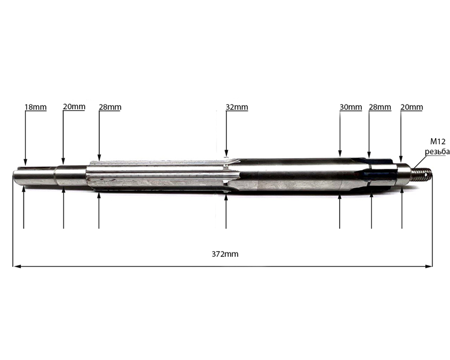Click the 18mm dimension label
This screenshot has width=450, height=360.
[36, 107]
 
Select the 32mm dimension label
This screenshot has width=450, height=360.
[237, 107]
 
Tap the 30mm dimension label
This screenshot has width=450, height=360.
[351, 107]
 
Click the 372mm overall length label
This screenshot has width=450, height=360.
[225, 254]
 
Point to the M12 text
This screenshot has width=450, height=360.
[438, 142]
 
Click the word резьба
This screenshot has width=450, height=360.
[437, 152]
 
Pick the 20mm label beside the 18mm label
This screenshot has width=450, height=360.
[74, 107]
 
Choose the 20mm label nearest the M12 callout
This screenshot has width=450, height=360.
[412, 107]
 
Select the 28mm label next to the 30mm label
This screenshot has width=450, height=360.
[380, 107]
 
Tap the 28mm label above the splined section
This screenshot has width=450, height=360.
[110, 107]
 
